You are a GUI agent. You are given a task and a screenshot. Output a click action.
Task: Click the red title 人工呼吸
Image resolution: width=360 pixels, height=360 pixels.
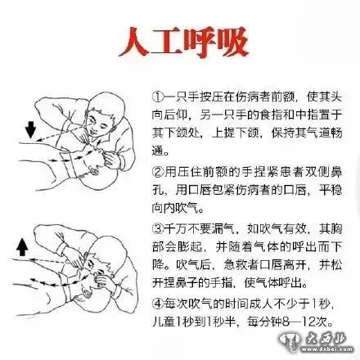tap(183, 43)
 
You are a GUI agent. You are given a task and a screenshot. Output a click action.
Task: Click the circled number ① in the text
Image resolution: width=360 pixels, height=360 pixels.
tap(158, 97)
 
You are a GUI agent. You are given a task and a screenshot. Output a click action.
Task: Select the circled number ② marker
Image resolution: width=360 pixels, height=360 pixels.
tap(158, 172)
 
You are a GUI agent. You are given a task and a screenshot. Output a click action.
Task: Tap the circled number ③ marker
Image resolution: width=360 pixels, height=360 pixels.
tap(158, 228)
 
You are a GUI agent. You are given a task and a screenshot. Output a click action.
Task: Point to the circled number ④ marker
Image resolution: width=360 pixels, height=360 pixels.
tap(158, 304)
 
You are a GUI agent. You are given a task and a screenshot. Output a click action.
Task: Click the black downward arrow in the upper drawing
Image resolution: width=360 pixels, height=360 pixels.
tap(30, 130)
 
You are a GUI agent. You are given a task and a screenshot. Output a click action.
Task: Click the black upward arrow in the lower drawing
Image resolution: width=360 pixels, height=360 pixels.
tap(22, 246)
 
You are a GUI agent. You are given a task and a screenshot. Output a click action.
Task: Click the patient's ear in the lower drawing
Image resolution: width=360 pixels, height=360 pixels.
tap(87, 294)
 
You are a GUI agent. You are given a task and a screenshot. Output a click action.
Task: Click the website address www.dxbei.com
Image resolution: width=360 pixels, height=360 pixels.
tap(326, 349)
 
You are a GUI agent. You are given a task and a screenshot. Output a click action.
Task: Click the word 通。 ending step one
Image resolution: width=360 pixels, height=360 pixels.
tap(161, 151)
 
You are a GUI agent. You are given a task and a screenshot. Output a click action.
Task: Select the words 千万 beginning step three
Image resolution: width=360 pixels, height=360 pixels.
tap(176, 228)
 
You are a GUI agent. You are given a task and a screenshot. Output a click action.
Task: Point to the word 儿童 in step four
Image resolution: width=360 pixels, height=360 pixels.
tap(164, 322)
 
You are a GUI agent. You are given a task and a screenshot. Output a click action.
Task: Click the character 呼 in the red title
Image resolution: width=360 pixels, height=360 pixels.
tap(200, 43)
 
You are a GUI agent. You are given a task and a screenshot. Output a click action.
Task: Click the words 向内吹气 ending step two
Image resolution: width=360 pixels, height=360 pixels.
tap(176, 209)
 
